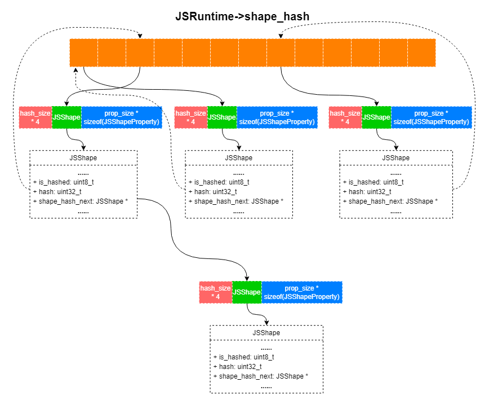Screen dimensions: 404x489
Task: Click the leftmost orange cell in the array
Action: click(x=83, y=52)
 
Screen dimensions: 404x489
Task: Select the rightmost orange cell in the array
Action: click(x=421, y=52)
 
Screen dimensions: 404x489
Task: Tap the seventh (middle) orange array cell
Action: click(x=252, y=52)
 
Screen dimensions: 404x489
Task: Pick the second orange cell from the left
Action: click(x=112, y=52)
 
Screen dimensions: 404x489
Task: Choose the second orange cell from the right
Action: click(x=393, y=52)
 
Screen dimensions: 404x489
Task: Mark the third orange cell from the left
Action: click(x=140, y=52)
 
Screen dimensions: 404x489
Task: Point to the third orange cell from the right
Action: click(x=365, y=52)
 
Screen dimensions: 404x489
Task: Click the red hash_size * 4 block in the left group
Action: click(x=35, y=117)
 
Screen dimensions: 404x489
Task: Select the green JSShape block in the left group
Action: click(x=66, y=117)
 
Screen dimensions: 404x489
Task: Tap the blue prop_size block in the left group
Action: click(x=122, y=117)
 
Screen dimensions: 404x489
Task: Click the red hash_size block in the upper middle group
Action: click(x=190, y=117)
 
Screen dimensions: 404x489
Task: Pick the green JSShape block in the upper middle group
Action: click(x=222, y=117)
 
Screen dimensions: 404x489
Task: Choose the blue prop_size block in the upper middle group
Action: click(x=277, y=117)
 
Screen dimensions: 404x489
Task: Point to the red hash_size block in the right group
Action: click(x=345, y=117)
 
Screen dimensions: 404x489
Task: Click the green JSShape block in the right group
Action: click(x=376, y=117)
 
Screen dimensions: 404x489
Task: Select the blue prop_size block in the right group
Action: click(x=432, y=117)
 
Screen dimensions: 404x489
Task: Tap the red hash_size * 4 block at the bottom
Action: click(x=215, y=292)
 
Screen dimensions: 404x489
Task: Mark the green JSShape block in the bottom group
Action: click(x=247, y=292)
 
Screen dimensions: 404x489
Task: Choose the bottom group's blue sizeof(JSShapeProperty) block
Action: click(x=302, y=292)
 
